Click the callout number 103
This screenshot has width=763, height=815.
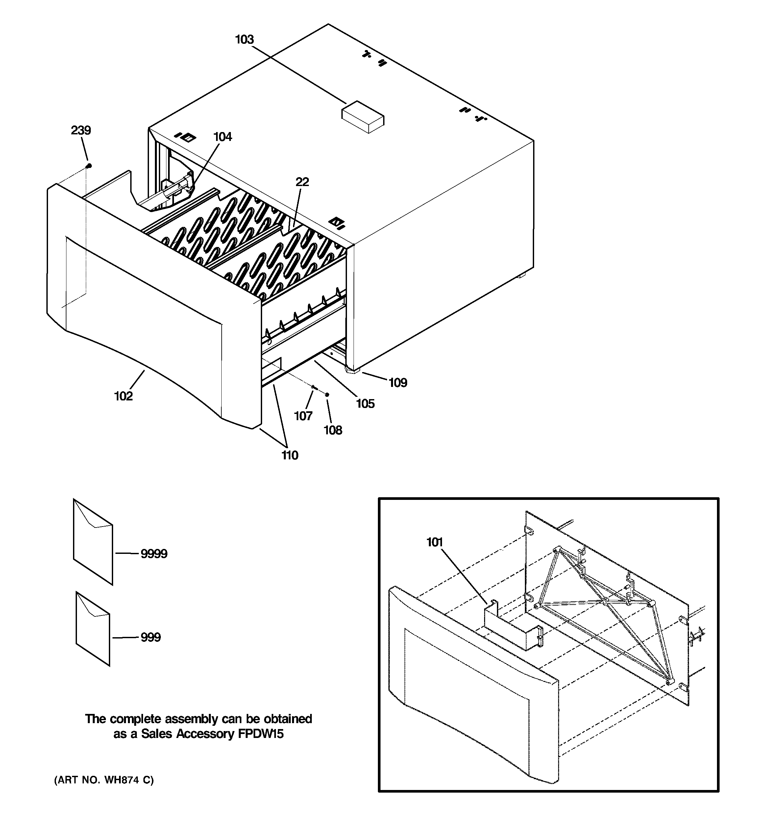[x=244, y=40]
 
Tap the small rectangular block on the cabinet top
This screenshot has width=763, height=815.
[x=363, y=117]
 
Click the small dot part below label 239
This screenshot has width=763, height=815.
[x=89, y=166]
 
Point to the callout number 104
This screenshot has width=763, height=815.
[x=222, y=137]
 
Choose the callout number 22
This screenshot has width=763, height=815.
[x=302, y=182]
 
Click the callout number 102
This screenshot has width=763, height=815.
[x=123, y=396]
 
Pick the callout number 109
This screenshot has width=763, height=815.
[x=398, y=383]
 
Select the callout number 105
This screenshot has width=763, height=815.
[x=365, y=404]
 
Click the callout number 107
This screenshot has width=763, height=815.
[x=303, y=416]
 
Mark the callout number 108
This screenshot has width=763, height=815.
[x=332, y=430]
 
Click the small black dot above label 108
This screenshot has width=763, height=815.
[x=327, y=394]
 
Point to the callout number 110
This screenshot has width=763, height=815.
[x=289, y=455]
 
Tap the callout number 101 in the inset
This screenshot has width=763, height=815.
[x=434, y=542]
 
